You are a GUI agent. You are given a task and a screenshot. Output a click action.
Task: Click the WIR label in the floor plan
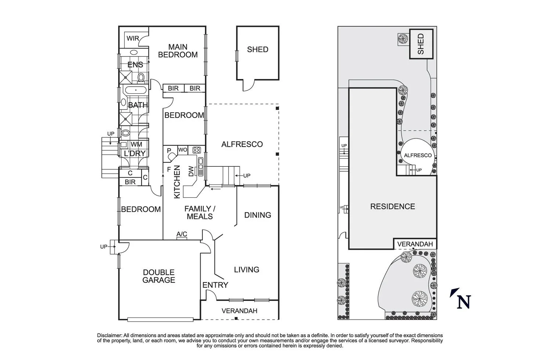point(133,39)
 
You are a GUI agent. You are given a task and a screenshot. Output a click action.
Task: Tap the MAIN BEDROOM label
point(178,51)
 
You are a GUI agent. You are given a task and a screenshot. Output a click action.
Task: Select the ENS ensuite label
point(135,65)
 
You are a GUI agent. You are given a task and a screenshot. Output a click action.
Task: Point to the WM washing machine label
point(136,145)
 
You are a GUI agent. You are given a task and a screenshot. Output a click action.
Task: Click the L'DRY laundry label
point(134,154)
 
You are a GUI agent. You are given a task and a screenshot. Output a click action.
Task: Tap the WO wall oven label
point(183,150)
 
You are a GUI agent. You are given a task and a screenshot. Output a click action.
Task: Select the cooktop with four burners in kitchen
point(197,150)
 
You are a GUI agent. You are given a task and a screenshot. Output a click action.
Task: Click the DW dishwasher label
point(191,171)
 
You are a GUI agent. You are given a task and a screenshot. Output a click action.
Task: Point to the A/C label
point(182,234)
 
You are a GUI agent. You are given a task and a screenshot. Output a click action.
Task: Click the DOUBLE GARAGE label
point(159,276)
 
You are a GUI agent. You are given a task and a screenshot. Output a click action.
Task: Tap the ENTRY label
point(215,285)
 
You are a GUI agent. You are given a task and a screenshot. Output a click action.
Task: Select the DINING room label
point(258,215)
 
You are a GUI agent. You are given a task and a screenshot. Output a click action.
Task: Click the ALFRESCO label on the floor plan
point(242,144)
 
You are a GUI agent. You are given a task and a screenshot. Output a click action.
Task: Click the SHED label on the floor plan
point(258,50)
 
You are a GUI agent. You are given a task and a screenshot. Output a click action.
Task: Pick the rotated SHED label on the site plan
point(421,44)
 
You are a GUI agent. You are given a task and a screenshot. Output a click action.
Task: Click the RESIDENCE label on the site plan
point(392,206)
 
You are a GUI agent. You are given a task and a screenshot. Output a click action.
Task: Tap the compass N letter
point(464,302)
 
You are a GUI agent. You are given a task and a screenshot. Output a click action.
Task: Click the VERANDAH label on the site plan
point(415,244)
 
